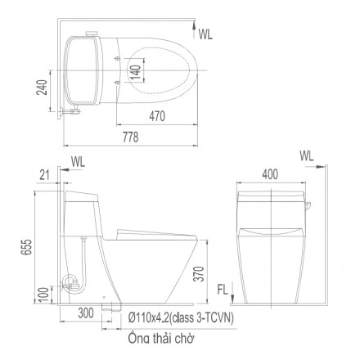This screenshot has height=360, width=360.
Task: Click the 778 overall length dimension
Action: [131, 137]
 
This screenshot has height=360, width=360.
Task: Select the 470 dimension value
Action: [157, 116]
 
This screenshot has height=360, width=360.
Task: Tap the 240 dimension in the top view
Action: [42, 88]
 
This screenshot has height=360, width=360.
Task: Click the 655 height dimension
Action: [27, 247]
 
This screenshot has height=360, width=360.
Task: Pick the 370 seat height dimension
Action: [200, 274]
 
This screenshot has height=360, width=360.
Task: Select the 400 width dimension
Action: [270, 174]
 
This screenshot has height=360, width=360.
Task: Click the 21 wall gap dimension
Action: [45, 175]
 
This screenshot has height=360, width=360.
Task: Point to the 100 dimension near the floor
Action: [43, 295]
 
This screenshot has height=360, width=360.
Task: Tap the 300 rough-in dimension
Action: [86, 313]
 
